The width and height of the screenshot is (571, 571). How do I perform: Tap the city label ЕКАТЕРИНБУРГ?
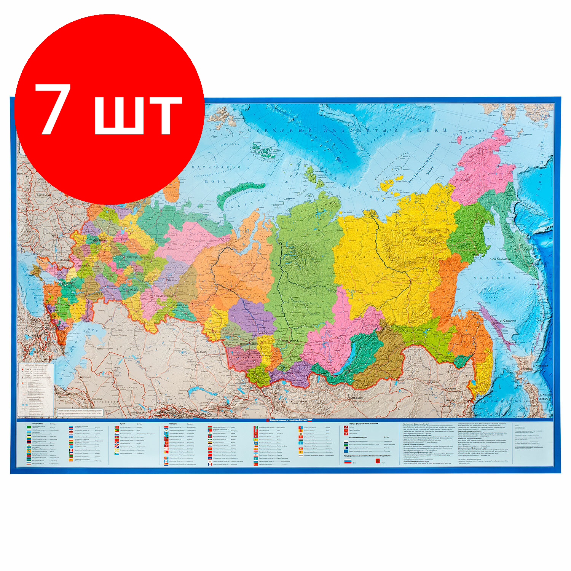[165, 295]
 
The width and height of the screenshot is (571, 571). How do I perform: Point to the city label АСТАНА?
[200, 351]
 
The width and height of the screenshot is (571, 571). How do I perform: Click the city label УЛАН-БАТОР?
[356, 398]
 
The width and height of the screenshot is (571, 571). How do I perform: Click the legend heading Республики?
[38, 423]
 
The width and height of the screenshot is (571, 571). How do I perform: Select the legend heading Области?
[173, 423]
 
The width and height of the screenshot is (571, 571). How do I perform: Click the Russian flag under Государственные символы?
[348, 461]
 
